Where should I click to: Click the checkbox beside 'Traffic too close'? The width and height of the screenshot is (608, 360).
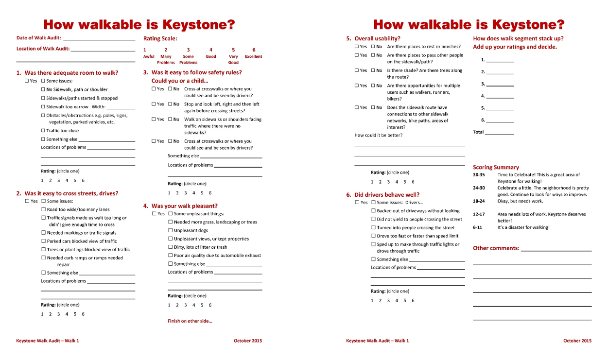[43, 131]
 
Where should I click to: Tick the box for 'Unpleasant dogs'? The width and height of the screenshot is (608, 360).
[170, 230]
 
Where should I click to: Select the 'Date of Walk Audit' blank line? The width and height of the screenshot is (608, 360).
[99, 39]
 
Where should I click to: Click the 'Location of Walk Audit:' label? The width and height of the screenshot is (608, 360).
[43, 49]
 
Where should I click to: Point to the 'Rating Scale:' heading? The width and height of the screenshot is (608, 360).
[160, 38]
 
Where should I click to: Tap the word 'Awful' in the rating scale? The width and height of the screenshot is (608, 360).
[149, 57]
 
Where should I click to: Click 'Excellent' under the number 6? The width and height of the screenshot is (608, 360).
[253, 57]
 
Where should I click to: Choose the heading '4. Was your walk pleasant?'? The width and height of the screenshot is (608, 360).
[180, 206]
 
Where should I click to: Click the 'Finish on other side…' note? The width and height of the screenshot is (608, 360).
[190, 321]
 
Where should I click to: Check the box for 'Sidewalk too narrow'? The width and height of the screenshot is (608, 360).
[43, 107]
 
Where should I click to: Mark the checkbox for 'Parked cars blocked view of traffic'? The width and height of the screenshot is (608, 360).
[43, 241]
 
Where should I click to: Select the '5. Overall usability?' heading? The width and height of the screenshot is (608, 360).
[373, 38]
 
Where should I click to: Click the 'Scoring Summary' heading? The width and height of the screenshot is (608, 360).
[496, 167]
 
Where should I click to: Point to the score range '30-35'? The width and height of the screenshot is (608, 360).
[479, 174]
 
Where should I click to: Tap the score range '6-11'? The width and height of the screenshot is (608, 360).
[477, 227]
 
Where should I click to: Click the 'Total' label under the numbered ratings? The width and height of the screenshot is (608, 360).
[478, 132]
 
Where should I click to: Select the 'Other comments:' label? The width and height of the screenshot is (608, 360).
[496, 248]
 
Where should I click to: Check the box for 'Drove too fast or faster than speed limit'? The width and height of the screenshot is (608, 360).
[373, 236]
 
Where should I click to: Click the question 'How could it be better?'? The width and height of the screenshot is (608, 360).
[378, 136]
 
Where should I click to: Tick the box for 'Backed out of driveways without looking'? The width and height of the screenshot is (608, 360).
[373, 211]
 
